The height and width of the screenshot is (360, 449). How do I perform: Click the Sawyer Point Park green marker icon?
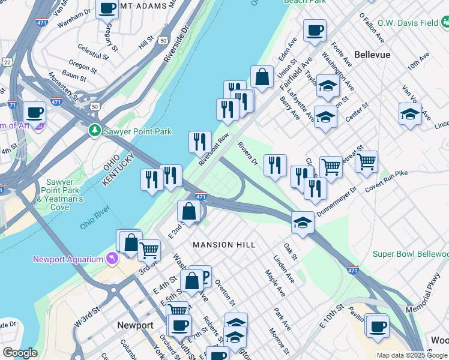point(94,130)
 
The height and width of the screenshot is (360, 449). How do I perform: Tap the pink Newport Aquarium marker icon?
point(111,259)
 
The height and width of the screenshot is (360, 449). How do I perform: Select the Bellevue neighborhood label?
point(372,55)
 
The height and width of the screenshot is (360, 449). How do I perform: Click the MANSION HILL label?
point(224,245)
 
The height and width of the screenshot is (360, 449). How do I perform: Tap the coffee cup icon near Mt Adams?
point(107,9)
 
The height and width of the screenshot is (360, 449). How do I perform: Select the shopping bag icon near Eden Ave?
point(262,77)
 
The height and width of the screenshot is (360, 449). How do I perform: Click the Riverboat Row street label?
point(214,148)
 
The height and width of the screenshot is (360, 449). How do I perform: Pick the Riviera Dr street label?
point(247,154)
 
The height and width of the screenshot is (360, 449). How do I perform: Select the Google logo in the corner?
point(20,352)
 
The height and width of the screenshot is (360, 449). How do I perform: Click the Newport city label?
point(135,325)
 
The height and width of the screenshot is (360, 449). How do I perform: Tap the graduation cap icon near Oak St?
point(303,223)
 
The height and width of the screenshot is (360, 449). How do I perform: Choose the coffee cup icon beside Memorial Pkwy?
point(378,326)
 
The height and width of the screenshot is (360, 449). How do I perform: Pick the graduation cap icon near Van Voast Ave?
point(410,113)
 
